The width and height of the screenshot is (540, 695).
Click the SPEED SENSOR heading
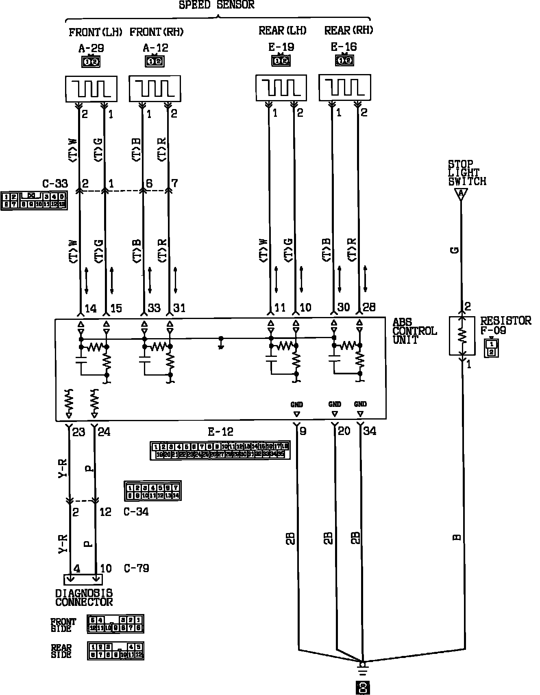click(217, 5)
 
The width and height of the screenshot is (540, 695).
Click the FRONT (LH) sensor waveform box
click(91, 88)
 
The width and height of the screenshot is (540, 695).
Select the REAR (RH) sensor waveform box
click(344, 87)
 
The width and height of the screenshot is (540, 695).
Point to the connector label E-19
click(281, 47)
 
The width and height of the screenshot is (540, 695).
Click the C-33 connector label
click(55, 184)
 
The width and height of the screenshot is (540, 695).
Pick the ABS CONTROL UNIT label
click(414, 331)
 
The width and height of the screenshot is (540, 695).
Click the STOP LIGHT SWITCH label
click(467, 173)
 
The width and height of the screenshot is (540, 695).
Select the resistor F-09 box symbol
click(462, 336)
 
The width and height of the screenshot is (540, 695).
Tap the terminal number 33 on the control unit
click(154, 308)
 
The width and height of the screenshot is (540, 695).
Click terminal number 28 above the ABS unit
click(369, 307)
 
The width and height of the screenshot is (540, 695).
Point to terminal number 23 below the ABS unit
click(78, 432)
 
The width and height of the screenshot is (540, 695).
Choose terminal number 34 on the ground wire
click(369, 431)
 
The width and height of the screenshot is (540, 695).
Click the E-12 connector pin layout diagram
click(220, 450)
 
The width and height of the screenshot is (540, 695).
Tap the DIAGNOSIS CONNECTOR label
click(84, 598)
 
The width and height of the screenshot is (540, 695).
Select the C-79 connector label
click(136, 568)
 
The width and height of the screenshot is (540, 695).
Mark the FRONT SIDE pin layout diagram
click(115, 624)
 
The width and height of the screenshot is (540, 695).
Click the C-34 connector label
click(136, 512)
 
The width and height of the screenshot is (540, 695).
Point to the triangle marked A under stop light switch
click(461, 194)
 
